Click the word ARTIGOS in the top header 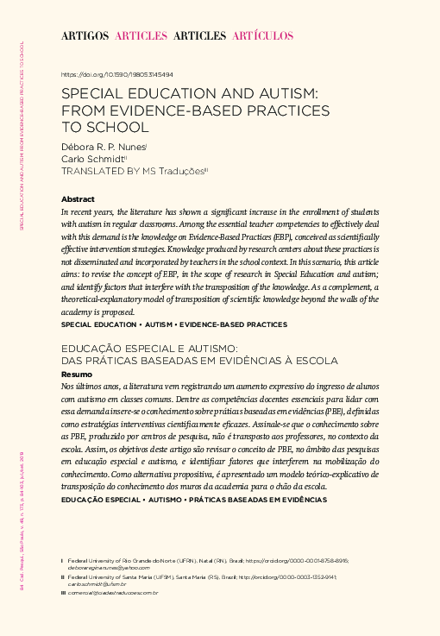[85, 35]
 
